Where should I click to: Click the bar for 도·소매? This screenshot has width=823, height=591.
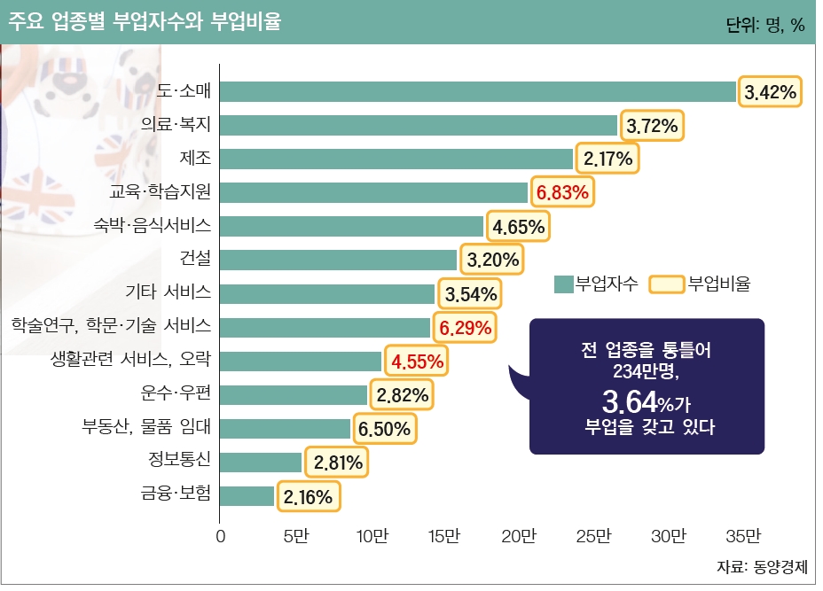478,92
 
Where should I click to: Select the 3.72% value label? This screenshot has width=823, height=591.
652,127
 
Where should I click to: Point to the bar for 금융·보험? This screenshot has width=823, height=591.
247,495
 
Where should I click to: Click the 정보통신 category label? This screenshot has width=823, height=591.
180,460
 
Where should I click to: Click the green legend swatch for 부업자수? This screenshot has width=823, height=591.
563,284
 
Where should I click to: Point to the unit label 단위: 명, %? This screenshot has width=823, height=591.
765,26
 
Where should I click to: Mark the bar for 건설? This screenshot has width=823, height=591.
338,260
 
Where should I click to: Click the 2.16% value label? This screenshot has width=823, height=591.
308,497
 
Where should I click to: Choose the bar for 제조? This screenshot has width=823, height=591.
396,159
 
